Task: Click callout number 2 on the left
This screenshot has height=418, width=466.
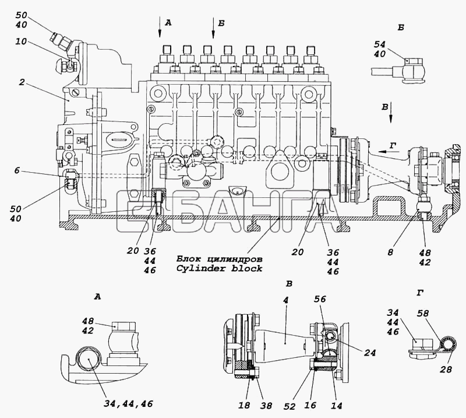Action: coord(22,82)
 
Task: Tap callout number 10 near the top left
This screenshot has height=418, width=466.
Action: coord(21,41)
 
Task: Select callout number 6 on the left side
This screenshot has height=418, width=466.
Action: coord(17,170)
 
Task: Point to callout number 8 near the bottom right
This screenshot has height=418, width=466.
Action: coord(390,252)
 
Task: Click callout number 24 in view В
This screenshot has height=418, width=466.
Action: coord(370,353)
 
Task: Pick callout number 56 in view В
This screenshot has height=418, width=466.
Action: coord(320,299)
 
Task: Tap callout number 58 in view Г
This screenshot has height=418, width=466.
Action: coord(422,313)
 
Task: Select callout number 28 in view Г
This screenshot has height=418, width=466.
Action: coord(446,369)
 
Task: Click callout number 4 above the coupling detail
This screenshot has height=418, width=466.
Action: coord(285,300)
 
